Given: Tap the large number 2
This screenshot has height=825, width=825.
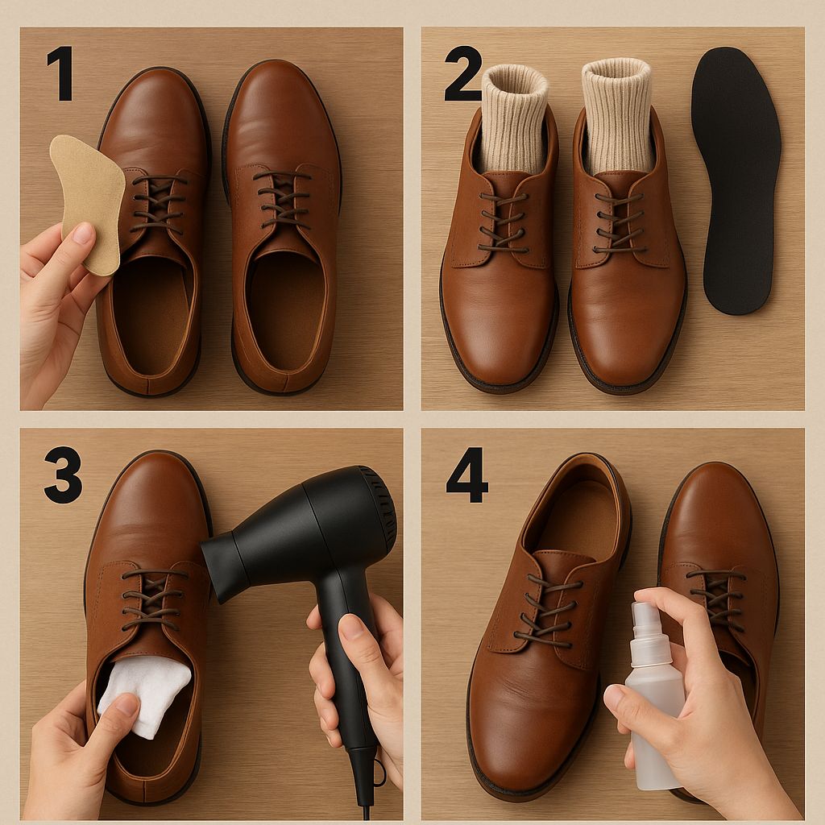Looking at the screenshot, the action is (x=463, y=73).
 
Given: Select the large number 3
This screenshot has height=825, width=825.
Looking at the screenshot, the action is (x=63, y=475).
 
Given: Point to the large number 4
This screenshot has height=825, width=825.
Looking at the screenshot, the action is (x=466, y=475).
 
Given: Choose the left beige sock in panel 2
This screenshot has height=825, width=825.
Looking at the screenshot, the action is (x=514, y=120).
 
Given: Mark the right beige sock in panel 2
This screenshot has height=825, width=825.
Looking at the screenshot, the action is (x=617, y=117).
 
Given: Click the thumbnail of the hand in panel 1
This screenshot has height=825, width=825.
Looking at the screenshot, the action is (x=83, y=233).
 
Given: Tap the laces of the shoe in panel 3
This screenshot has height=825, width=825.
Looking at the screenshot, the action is (x=152, y=599).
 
